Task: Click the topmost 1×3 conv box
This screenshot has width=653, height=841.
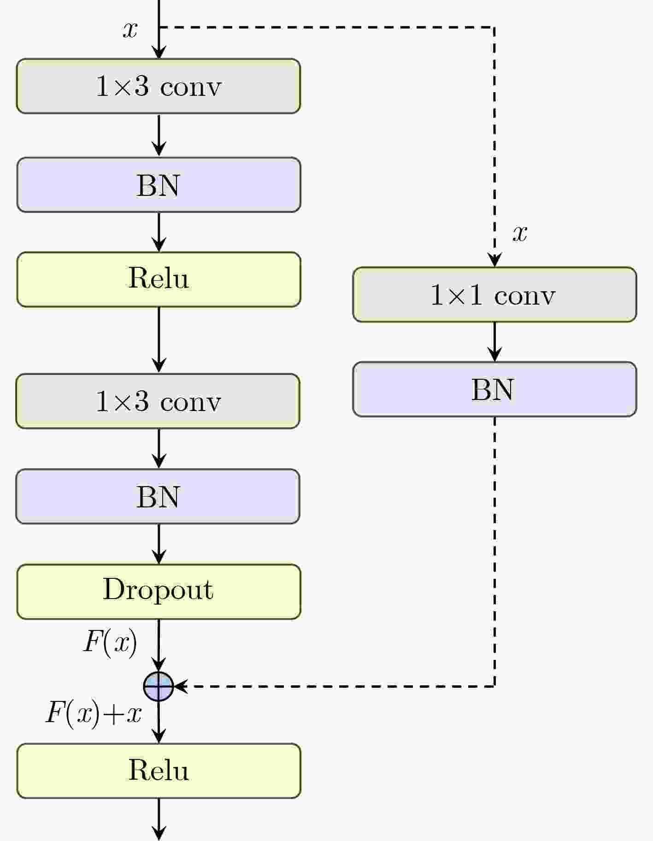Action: tap(159, 86)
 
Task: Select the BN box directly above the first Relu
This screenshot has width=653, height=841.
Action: tap(159, 185)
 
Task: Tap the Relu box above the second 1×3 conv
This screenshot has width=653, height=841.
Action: tap(159, 279)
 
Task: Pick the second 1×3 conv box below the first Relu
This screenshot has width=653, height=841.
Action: tap(158, 401)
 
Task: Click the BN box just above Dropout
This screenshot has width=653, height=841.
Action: tap(158, 496)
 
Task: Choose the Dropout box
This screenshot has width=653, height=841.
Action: tap(159, 592)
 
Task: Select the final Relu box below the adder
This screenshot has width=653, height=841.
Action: tap(159, 770)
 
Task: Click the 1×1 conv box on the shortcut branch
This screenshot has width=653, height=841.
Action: tap(494, 294)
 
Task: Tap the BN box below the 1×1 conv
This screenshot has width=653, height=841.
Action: tap(494, 389)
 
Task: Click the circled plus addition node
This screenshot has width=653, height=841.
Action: tap(159, 686)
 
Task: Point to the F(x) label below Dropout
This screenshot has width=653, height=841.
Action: tap(110, 642)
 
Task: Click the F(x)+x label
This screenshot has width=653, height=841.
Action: tap(94, 714)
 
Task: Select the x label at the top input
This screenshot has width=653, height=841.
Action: tap(130, 30)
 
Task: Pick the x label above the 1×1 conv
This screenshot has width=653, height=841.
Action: tap(520, 233)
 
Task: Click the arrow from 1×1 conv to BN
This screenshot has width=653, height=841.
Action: tap(494, 342)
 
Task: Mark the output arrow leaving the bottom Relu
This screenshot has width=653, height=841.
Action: tap(159, 819)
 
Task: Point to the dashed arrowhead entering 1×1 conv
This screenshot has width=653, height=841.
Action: tap(494, 261)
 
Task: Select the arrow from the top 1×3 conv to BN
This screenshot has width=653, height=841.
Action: tap(159, 135)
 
